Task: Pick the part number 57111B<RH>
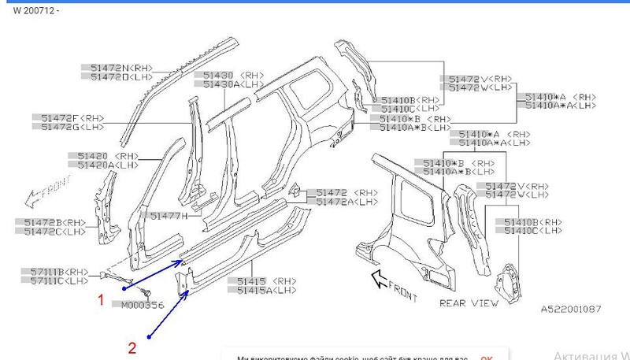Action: pos(55,272)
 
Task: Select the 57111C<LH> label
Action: pos(55,280)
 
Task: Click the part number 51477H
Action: pos(169,215)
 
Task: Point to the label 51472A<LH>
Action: pos(346,202)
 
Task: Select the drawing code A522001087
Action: pos(573,309)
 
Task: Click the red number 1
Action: pos(100,299)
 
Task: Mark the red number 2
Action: pos(132,345)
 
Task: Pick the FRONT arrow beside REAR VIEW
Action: pos(394,285)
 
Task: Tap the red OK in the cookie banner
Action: pos(487,356)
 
